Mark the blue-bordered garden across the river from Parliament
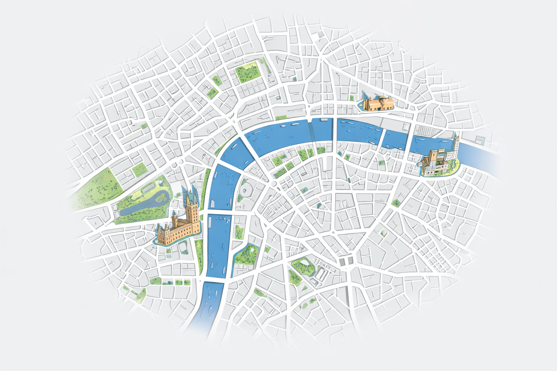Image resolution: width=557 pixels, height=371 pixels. (x=246, y=254)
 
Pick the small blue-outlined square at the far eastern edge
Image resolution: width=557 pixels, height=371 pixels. (x=480, y=140)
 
